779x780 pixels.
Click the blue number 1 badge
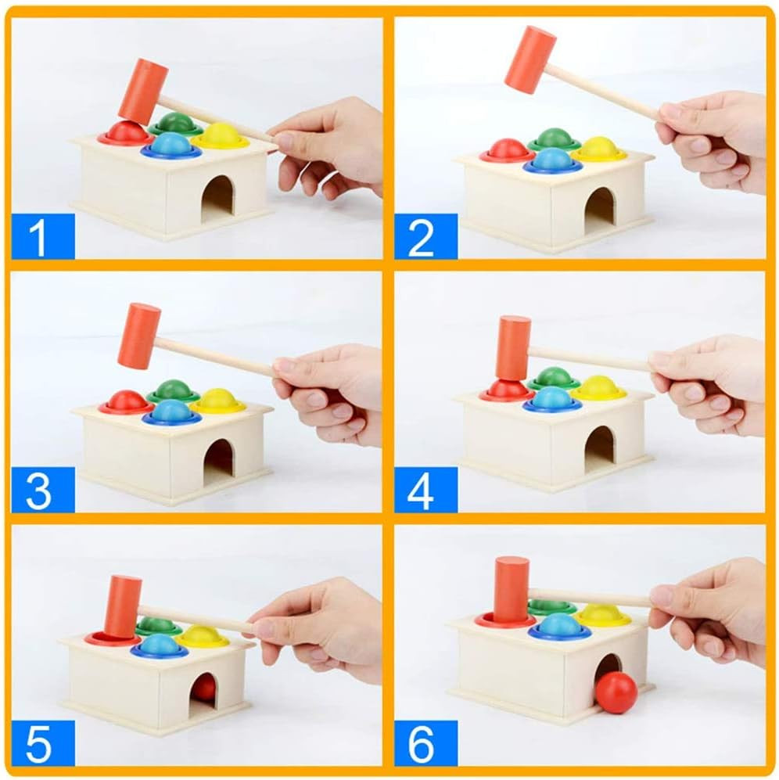click(43, 236)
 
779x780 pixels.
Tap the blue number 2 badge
click(425, 236)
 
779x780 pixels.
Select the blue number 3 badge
click(43, 490)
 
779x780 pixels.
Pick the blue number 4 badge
click(425, 490)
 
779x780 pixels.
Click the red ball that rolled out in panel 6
click(616, 693)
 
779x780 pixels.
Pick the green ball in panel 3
click(174, 389)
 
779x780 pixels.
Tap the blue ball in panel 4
click(553, 398)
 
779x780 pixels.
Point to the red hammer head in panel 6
click(512, 590)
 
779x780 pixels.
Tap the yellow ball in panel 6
click(602, 615)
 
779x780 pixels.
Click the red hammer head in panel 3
click(139, 336)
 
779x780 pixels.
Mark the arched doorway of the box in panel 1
click(217, 199)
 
